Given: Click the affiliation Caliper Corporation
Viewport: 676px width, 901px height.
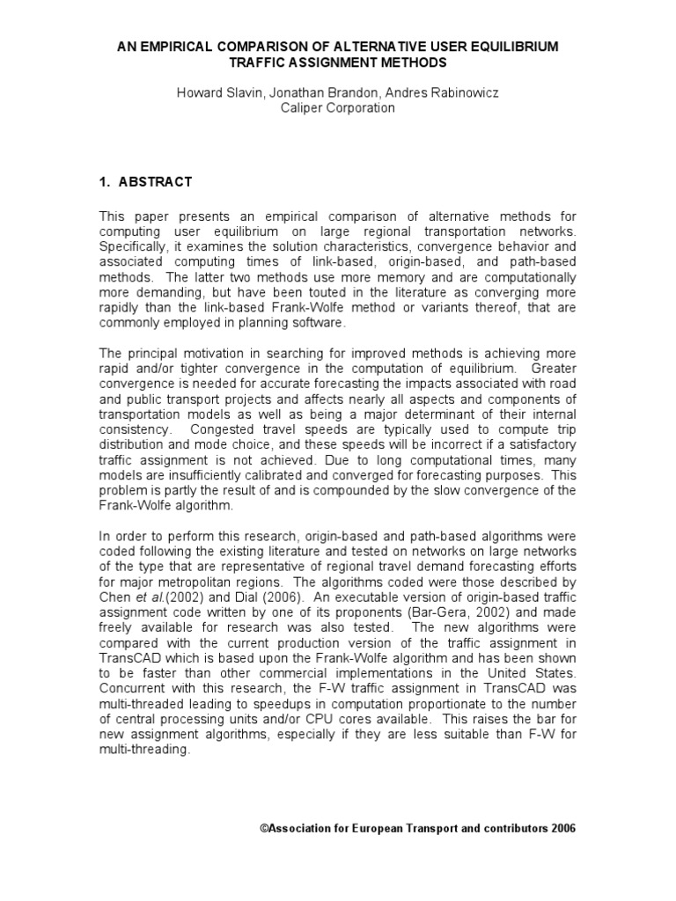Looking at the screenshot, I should (x=338, y=107).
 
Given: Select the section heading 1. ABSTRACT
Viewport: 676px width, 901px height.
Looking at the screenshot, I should (x=144, y=182).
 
